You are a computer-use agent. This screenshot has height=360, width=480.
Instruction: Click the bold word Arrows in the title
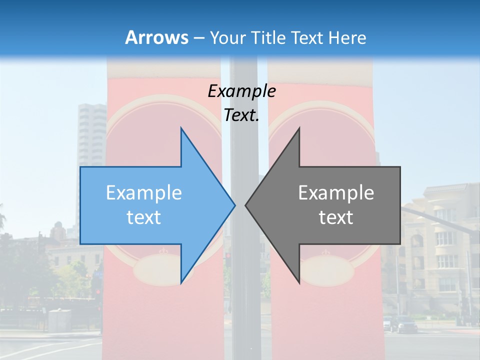(x=156, y=37)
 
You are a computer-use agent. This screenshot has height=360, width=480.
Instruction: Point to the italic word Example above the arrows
(x=241, y=91)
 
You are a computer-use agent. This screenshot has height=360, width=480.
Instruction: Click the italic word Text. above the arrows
(x=241, y=115)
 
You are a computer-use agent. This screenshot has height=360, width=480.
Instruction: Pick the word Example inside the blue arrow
(x=144, y=193)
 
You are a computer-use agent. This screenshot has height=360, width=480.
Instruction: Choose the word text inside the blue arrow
(x=144, y=217)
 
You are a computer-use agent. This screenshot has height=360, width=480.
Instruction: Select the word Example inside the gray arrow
(x=336, y=193)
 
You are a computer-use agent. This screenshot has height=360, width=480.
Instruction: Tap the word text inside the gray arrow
(x=336, y=217)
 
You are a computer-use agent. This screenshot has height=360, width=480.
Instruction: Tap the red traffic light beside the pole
(x=227, y=256)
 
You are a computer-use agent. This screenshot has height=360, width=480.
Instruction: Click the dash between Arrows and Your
(x=198, y=37)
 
